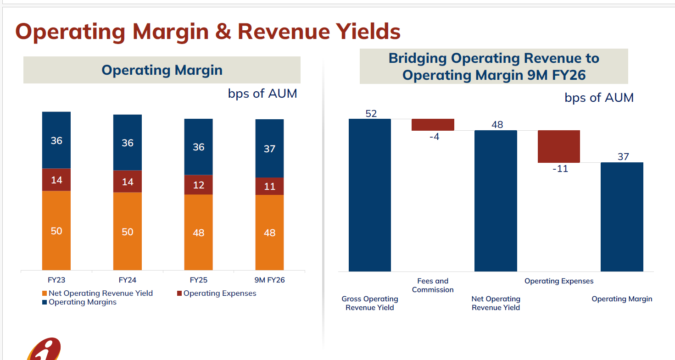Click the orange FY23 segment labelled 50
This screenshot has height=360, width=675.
click(56, 231)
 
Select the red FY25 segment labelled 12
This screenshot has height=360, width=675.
click(198, 185)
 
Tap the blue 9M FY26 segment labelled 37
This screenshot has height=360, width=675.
click(269, 149)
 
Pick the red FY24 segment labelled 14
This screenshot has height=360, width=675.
click(128, 182)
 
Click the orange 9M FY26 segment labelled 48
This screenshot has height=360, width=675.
click(269, 233)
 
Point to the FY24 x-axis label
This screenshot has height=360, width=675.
click(128, 280)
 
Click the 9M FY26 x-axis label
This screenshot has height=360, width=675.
click(269, 280)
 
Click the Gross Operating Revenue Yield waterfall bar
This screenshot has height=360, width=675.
click(370, 195)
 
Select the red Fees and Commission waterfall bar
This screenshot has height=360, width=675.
click(433, 125)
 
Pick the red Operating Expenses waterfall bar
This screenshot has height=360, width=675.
click(559, 146)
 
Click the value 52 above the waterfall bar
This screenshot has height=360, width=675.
click(371, 114)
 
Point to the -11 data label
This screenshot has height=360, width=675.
click(560, 169)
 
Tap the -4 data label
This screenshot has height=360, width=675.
click(434, 137)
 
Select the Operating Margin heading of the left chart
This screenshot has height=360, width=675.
click(162, 70)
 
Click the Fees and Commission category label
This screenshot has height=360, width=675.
click(433, 285)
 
